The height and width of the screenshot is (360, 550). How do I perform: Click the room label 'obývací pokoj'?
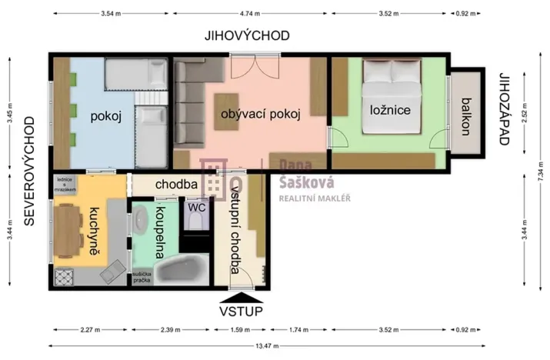[259, 113]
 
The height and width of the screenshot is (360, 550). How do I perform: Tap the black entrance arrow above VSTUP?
[241, 296]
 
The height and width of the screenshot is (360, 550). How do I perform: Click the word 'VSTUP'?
[241, 311]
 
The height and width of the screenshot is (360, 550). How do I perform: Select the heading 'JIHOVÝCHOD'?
[247, 35]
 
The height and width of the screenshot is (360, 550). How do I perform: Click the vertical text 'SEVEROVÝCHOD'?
[30, 172]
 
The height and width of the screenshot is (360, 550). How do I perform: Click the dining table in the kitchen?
[68, 232]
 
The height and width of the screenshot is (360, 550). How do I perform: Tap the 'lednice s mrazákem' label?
[65, 185]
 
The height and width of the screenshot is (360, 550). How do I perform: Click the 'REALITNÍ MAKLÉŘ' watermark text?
[314, 198]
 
